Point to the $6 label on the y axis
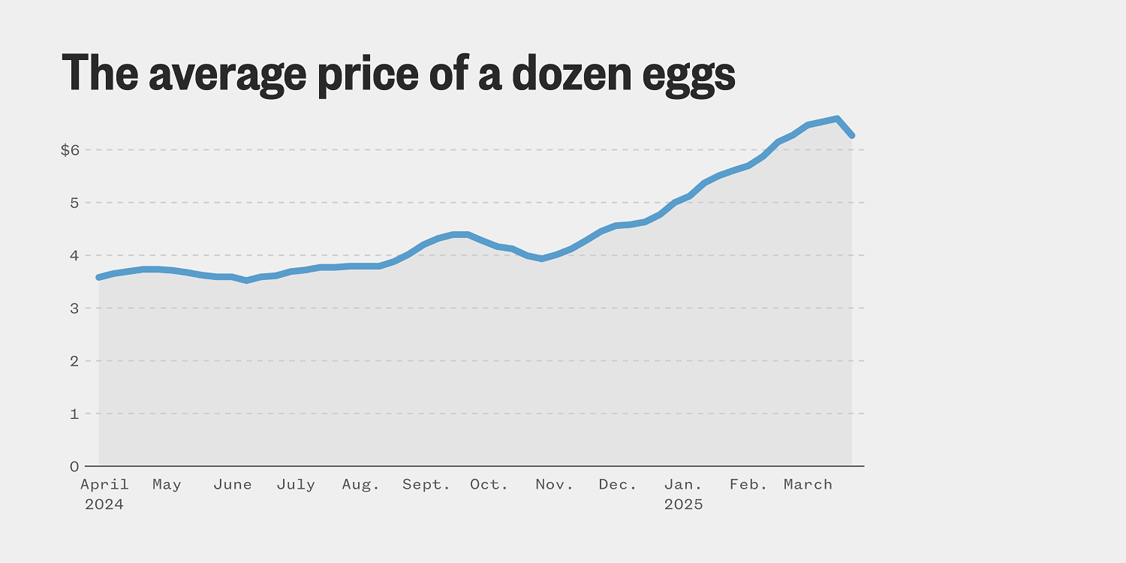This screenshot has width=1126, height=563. [70, 150]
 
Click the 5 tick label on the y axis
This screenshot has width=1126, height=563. [74, 203]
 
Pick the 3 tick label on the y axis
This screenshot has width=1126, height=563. [74, 309]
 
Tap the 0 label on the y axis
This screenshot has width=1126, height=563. [74, 466]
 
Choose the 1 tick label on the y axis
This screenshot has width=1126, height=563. [74, 414]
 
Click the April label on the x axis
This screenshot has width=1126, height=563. [104, 485]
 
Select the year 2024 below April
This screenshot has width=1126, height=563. [104, 504]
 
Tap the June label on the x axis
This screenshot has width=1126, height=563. [233, 485]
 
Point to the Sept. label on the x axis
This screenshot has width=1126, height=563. [426, 485]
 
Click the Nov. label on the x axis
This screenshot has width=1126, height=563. [555, 485]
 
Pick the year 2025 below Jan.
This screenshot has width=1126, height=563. [684, 504]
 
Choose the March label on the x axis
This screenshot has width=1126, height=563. [808, 485]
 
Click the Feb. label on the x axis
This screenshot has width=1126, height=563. [749, 485]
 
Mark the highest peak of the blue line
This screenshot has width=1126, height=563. [837, 119]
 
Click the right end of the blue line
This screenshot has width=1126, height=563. [852, 135]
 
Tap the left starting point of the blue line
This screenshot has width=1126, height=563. [99, 277]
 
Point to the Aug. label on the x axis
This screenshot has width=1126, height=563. [361, 485]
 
